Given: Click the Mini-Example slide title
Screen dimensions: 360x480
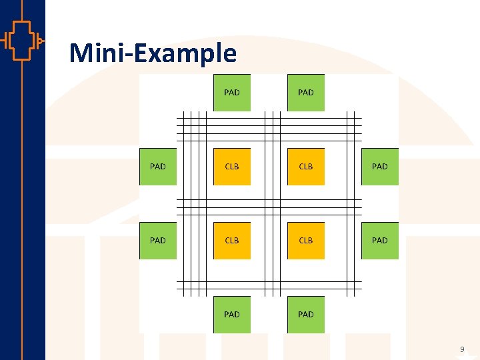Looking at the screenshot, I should click(x=153, y=53).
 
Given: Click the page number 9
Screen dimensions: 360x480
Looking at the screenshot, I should click(x=462, y=349).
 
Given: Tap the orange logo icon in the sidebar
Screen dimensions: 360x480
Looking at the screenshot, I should click(x=22, y=41).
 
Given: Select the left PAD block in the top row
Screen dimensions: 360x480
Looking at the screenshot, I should click(x=232, y=93).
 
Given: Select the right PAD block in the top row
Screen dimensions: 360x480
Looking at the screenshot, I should click(x=306, y=93).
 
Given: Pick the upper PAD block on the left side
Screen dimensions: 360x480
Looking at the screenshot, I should click(x=158, y=167).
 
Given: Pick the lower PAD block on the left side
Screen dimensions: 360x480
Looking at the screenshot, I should click(x=158, y=241).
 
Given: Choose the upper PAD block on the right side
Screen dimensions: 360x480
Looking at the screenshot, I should click(x=380, y=167).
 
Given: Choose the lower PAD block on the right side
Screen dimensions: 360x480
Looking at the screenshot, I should click(x=380, y=241).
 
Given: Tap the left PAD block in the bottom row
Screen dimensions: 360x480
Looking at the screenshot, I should click(x=232, y=315).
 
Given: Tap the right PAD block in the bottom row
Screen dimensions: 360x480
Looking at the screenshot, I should click(x=306, y=315).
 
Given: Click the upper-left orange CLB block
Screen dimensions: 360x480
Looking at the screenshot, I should click(x=232, y=167).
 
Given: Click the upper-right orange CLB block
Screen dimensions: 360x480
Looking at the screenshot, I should click(x=306, y=167).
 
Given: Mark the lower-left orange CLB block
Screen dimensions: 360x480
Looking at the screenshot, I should click(x=232, y=241).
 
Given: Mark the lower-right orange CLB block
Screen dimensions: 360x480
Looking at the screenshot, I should click(x=306, y=241).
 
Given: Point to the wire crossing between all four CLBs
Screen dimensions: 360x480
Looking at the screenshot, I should click(x=269, y=204).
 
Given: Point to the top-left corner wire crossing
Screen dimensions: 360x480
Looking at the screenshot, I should click(x=195, y=129).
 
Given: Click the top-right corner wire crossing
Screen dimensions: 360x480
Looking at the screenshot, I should click(x=343, y=129).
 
